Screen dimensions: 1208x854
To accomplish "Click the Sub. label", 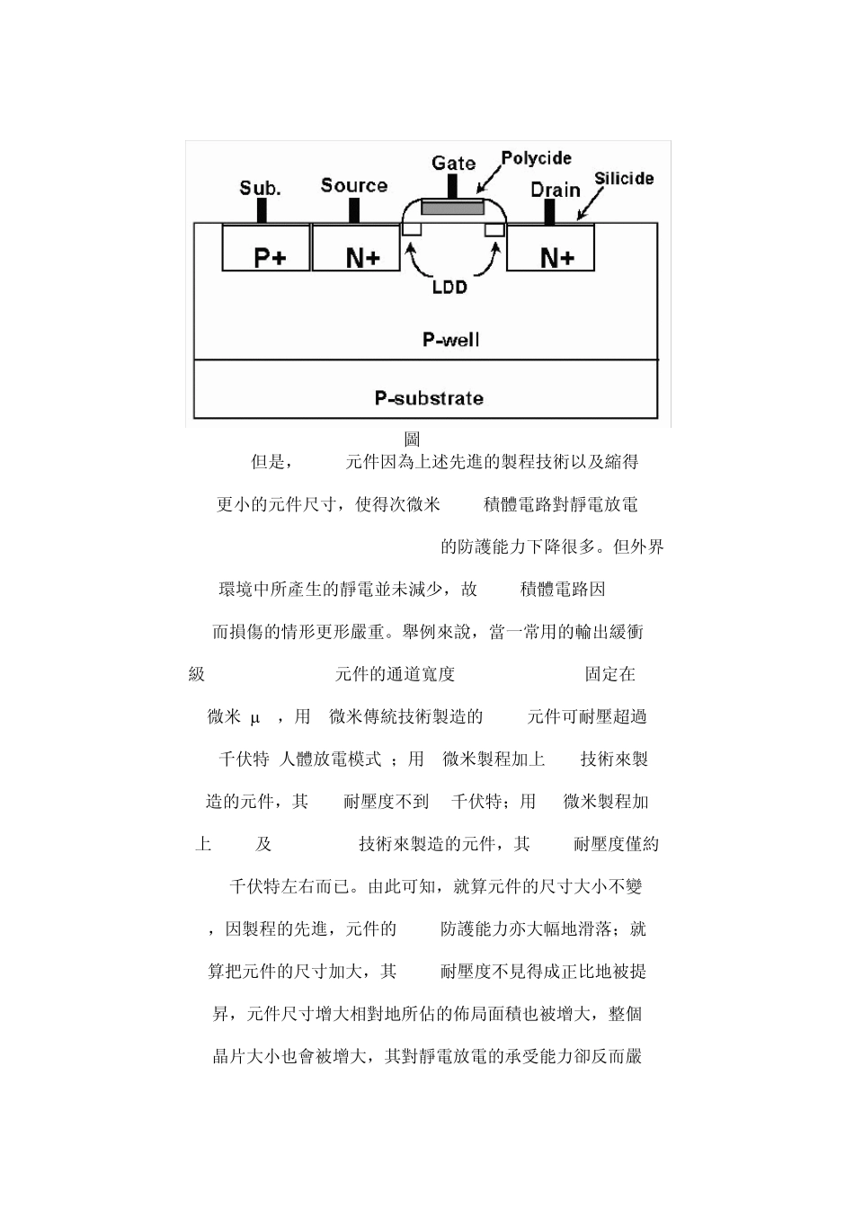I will pos(260,188).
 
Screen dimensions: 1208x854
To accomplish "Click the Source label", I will pos(353,185).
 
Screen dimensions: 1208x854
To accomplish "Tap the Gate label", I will pos(453,163).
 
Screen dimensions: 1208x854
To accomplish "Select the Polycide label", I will pos(536,158).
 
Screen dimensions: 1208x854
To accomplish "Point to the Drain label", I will pos(555,189).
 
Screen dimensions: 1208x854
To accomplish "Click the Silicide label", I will pos(624,179).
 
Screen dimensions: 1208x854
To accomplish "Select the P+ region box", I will pos(266,248).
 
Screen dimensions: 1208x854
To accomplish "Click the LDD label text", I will pos(449,288).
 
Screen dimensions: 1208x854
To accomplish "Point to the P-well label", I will pos(450,340).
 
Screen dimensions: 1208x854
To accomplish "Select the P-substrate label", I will pos(429,398).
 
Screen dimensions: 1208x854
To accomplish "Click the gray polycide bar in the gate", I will pos(452,208).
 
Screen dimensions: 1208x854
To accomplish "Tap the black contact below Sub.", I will pos(262,210).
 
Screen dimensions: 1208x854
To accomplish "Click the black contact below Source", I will pos(354,210).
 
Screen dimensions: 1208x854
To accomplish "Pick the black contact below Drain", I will pos(550,212).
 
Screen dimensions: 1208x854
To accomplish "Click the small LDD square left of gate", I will pos(412,230).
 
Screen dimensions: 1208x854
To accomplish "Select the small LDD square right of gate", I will pos(494,230).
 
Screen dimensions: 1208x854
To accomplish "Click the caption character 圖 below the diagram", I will pos(412,440).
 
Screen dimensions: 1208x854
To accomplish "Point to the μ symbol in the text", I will pos(254,717).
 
